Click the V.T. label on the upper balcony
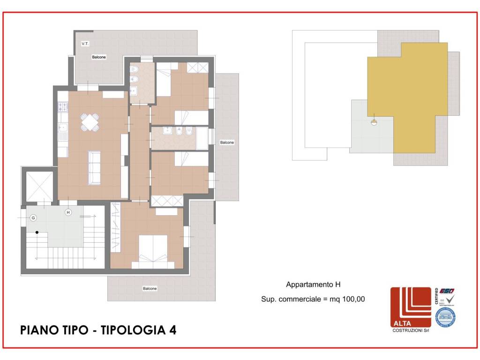click(x=85, y=44)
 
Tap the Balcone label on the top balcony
click(x=98, y=57)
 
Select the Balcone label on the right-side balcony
click(x=227, y=142)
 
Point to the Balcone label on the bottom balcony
click(x=150, y=288)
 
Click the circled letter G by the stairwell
click(x=33, y=218)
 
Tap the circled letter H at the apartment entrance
click(x=68, y=212)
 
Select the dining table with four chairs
click(x=90, y=122)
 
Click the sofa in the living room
click(x=94, y=167)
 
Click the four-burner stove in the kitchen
click(x=63, y=107)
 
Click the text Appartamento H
click(x=313, y=285)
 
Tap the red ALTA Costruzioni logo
click(x=411, y=307)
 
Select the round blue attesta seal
click(x=445, y=317)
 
